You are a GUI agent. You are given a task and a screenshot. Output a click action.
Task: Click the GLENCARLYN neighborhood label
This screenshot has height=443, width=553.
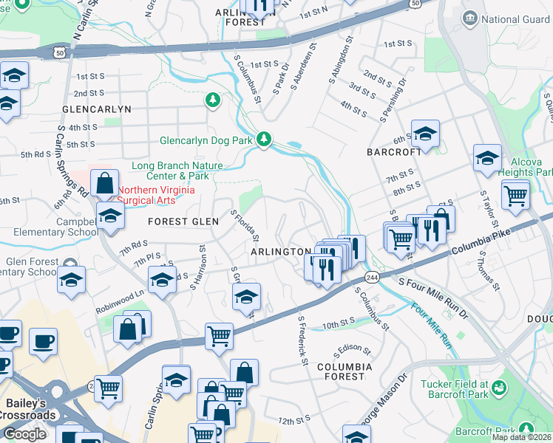(x=97, y=109)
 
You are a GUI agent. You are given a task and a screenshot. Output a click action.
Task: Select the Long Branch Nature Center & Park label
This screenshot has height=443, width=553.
(x=170, y=171)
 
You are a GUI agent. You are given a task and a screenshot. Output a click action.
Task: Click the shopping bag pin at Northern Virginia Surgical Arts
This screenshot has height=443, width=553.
(x=105, y=182)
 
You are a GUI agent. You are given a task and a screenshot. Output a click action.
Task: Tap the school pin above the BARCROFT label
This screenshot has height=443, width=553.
(x=426, y=134)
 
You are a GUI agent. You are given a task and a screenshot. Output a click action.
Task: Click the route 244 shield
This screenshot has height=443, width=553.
(x=370, y=276)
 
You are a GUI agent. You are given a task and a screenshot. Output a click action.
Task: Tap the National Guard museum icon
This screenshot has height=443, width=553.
(x=469, y=18)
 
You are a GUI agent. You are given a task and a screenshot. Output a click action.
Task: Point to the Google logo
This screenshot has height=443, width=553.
(x=24, y=433)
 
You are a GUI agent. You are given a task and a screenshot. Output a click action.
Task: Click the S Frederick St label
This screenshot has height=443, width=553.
(x=302, y=341)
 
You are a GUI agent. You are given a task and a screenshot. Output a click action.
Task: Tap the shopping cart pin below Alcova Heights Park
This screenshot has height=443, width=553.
(x=515, y=196)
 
